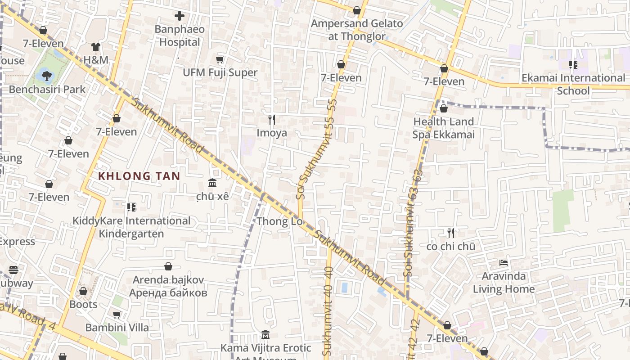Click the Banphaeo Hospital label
pyautogui.click(x=180, y=36)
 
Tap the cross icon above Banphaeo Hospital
pyautogui.click(x=180, y=16)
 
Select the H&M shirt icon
pyautogui.click(x=96, y=46)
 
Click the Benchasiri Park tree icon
pyautogui.click(x=46, y=75)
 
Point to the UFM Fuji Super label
pyautogui.click(x=220, y=72)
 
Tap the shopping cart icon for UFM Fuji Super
pyautogui.click(x=220, y=59)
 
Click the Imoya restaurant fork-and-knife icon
pyautogui.click(x=272, y=119)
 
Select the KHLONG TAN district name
pyautogui.click(x=139, y=176)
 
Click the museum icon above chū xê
pyautogui.click(x=212, y=183)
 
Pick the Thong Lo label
pyautogui.click(x=273, y=221)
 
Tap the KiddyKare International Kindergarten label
pyautogui.click(x=131, y=227)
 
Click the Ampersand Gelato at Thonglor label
pyautogui.click(x=357, y=30)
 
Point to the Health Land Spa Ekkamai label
pyautogui.click(x=444, y=128)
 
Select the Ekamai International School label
pyautogui.click(x=573, y=84)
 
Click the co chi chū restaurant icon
pyautogui.click(x=451, y=233)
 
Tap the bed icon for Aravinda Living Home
pyautogui.click(x=504, y=262)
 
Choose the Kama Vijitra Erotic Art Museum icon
pyautogui.click(x=265, y=335)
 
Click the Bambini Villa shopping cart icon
pyautogui.click(x=117, y=315)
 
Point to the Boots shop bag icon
pyautogui.click(x=83, y=291)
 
